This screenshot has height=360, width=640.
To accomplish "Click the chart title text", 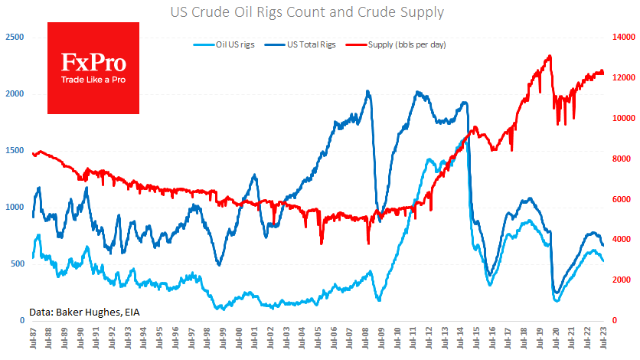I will pos(319,12).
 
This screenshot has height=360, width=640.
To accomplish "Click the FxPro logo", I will pos(94,67).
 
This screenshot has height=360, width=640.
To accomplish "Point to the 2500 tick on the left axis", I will pos(14,37).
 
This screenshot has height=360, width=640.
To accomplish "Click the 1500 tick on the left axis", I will pos(14,150).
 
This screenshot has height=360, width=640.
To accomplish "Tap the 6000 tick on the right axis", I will pos(623,199).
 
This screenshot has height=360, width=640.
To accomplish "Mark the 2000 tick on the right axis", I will pos(623,280).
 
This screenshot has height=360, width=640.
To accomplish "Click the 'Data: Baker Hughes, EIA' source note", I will pos(85,312).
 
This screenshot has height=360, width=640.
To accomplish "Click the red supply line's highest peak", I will pos(550,56).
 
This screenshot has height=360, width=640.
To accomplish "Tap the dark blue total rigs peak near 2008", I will pos(368,92).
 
